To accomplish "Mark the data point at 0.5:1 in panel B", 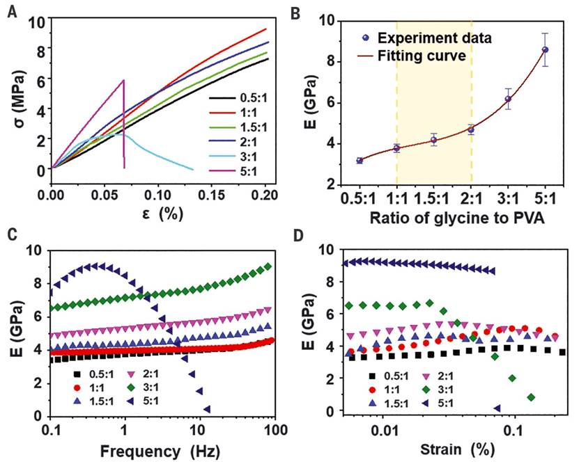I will (360, 161).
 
